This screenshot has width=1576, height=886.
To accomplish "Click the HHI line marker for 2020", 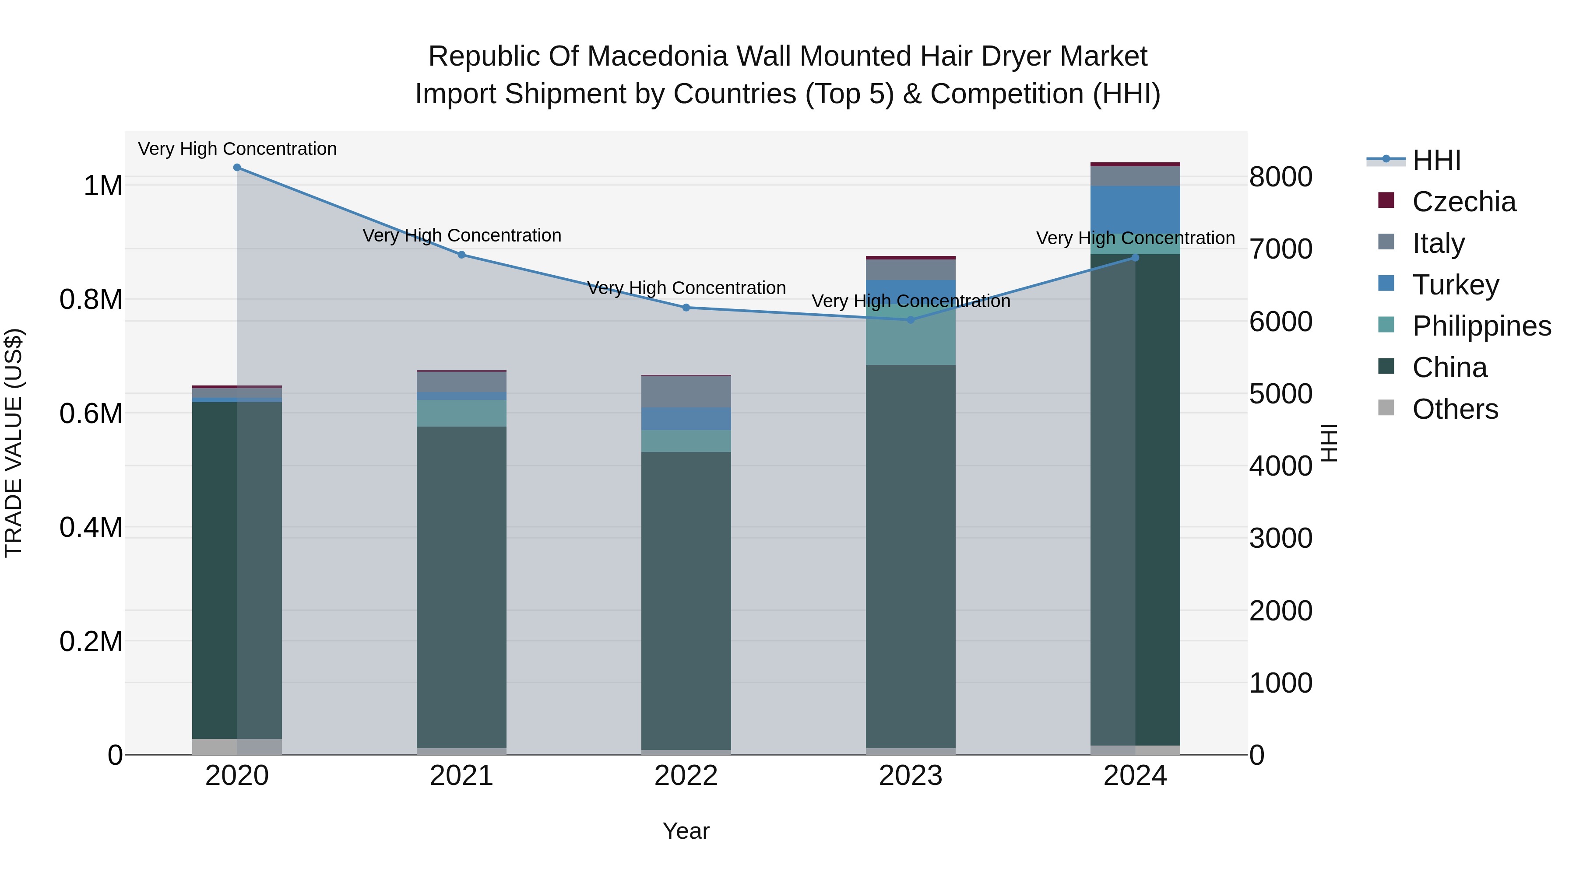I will point(237,168).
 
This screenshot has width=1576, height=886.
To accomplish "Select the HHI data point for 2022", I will point(686,308).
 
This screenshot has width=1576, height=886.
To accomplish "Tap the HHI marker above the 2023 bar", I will point(911,320).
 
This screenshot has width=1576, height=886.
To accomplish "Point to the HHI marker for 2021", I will point(461,255).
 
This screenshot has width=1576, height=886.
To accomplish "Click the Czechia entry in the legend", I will point(1463,202).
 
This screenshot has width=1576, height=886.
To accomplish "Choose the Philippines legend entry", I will point(1481,326).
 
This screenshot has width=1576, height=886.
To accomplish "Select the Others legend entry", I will point(1455,409).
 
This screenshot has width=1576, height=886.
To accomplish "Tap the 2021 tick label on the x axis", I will point(461,776).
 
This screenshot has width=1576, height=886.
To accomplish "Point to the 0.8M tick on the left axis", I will point(91,300).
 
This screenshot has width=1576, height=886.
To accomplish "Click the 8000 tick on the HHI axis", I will point(1280,177).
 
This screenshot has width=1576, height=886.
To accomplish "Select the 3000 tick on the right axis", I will point(1280,539).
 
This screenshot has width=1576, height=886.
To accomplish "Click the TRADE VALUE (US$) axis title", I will point(14,443).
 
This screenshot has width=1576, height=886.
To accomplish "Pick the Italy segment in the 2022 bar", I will point(686,392).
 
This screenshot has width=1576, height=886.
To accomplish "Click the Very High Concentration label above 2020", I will point(237,149).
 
